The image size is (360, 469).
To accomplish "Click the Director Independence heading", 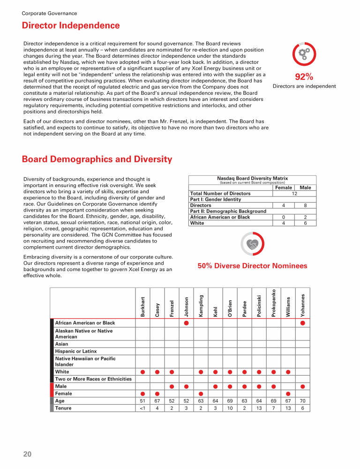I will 71,26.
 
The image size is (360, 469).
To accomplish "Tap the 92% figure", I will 304,77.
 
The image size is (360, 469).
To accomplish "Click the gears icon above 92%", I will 304,54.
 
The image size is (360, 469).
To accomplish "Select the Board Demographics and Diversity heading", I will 97,159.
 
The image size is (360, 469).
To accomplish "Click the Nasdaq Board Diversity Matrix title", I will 252,178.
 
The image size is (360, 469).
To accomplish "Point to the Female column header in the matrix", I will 283,188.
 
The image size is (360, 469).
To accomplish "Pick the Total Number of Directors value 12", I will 294,194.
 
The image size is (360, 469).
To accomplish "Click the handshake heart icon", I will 253,243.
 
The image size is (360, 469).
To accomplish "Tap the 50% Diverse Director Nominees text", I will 252,266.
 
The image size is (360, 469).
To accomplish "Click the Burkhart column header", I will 142,307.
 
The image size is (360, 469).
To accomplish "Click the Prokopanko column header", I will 274,303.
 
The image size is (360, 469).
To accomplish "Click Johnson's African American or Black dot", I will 186,323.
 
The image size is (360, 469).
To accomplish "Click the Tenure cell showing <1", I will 142,408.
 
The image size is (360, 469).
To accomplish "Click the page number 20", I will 27,454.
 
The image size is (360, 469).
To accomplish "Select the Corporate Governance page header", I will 50,14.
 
